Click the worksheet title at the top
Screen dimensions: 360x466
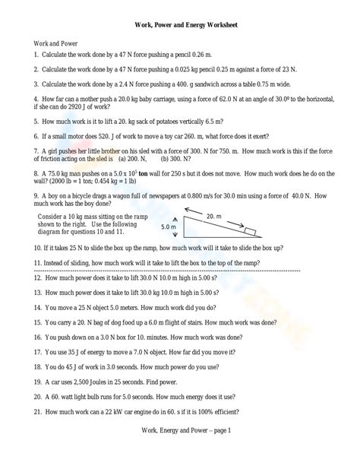[x=180, y=24]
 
